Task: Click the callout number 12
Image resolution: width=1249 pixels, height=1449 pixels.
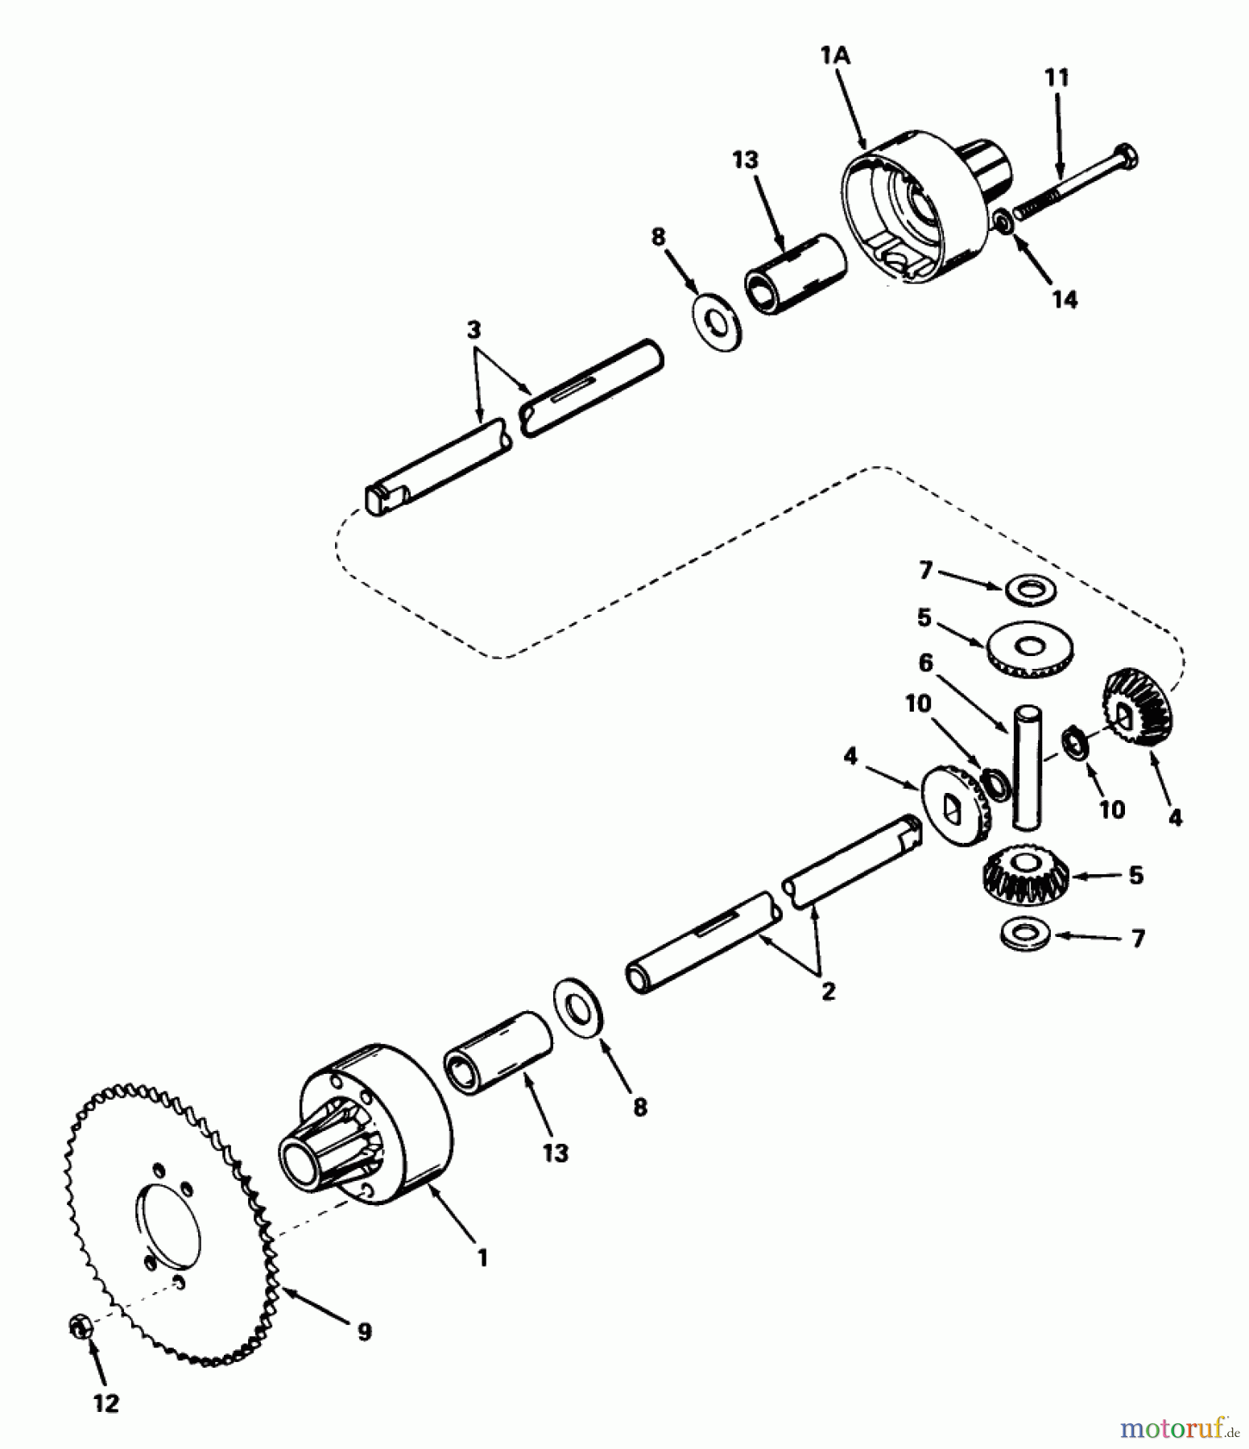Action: click(x=106, y=1403)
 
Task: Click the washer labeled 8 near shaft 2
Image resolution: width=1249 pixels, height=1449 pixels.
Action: click(x=580, y=1008)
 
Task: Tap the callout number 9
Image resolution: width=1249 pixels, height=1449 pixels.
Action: click(x=364, y=1331)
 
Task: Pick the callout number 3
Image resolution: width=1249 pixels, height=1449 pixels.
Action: click(x=474, y=330)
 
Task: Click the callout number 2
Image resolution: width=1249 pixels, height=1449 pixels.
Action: click(x=829, y=992)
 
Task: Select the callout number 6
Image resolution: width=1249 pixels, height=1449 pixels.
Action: click(x=925, y=663)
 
